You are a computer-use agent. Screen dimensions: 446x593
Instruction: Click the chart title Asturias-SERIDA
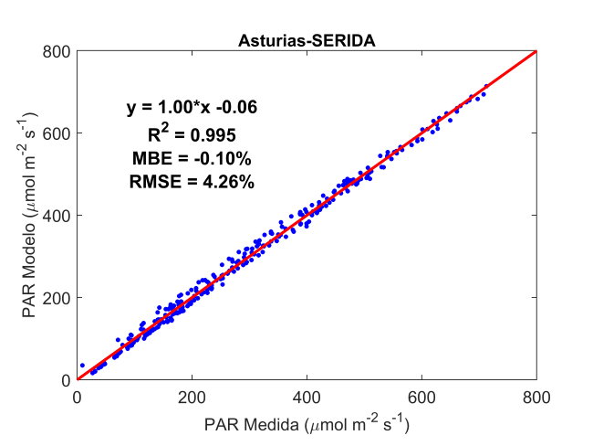pyautogui.click(x=307, y=40)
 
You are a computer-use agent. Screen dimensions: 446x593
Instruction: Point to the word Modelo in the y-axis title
pyautogui.click(x=30, y=244)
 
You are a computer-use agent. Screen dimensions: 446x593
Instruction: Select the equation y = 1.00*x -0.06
pyautogui.click(x=192, y=108)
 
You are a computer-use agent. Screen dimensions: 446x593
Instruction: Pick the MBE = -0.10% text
pyautogui.click(x=192, y=158)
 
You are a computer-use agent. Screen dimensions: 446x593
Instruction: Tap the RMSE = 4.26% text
pyautogui.click(x=192, y=182)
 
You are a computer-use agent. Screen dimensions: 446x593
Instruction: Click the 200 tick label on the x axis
pyautogui.click(x=192, y=397)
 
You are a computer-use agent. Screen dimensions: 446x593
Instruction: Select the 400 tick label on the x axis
pyautogui.click(x=307, y=397)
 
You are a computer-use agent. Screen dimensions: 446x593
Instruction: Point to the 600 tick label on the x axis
pyautogui.click(x=421, y=397)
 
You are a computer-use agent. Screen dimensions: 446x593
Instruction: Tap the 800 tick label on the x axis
pyautogui.click(x=536, y=397)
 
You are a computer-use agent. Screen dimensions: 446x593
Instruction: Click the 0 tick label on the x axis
pyautogui.click(x=78, y=397)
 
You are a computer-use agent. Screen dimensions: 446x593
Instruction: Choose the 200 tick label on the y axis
pyautogui.click(x=57, y=298)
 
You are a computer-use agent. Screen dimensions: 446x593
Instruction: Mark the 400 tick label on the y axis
pyautogui.click(x=57, y=216)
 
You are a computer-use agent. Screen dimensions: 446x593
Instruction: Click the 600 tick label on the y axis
pyautogui.click(x=57, y=133)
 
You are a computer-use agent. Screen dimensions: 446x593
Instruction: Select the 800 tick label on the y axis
pyautogui.click(x=57, y=51)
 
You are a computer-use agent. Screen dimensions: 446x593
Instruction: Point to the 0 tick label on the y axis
pyautogui.click(x=67, y=380)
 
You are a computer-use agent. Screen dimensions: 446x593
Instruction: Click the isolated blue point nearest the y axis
pyautogui.click(x=82, y=366)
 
